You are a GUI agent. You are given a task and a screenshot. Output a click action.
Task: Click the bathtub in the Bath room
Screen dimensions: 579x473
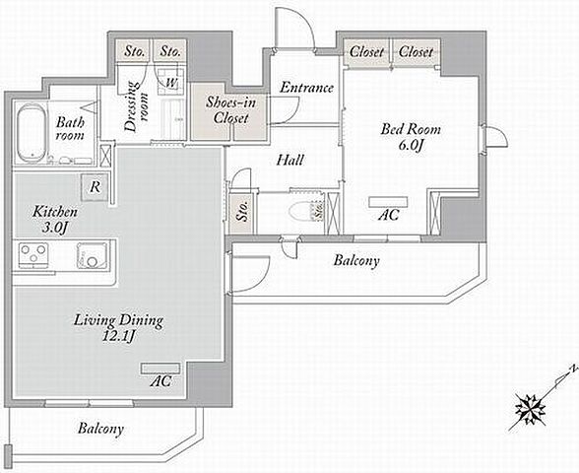pos(32,133)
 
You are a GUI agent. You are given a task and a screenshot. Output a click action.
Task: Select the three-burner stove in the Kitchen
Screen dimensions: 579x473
pos(33,255)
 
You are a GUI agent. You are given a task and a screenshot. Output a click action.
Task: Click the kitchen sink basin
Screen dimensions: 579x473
pos(93,254)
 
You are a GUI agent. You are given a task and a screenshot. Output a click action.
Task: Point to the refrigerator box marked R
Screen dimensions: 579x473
pos(95,187)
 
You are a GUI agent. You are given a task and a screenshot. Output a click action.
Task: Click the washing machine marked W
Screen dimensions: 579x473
pos(171,82)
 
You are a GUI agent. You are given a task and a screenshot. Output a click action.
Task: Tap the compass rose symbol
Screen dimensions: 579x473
pos(532,409)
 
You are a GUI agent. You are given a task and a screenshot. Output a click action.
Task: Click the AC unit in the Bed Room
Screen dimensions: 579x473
pos(388,202)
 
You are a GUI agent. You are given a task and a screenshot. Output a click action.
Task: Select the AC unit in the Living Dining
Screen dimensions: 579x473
pos(161,369)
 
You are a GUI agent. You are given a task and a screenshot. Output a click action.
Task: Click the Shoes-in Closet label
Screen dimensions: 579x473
pos(230,109)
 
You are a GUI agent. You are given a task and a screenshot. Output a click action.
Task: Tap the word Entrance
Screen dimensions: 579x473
pos(306,88)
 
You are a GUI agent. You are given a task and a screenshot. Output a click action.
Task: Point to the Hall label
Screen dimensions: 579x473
pos(290,160)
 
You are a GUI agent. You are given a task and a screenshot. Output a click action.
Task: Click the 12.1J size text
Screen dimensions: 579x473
pos(119,337)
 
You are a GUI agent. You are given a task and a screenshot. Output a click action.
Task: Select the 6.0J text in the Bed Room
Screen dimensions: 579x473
pos(411,145)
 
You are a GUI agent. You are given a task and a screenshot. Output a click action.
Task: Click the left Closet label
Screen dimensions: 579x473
pos(366,51)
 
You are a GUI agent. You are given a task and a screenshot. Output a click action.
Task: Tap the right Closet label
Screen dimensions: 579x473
pos(416,51)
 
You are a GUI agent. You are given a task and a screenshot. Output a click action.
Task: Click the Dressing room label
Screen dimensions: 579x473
pos(136,106)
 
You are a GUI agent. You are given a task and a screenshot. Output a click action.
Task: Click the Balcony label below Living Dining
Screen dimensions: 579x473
pos(100,429)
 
